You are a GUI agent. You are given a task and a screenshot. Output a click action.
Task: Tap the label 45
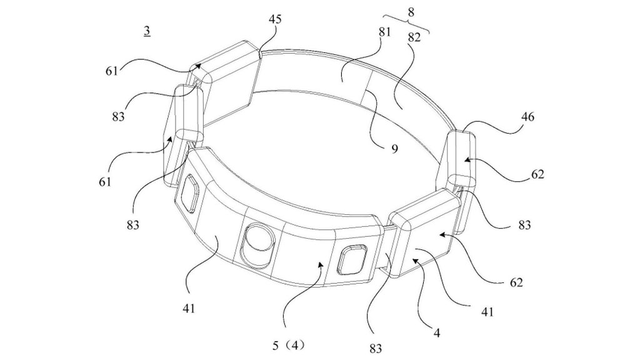coord(275,19)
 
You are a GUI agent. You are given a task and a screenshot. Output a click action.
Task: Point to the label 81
coord(384,32)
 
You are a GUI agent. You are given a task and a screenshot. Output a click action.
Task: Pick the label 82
coord(414,37)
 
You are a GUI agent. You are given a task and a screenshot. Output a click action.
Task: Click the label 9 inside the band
coord(394,150)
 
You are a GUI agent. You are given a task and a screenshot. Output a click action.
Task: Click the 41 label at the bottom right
coord(487,311)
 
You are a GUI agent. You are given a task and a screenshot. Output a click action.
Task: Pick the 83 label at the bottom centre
coord(375,347)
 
